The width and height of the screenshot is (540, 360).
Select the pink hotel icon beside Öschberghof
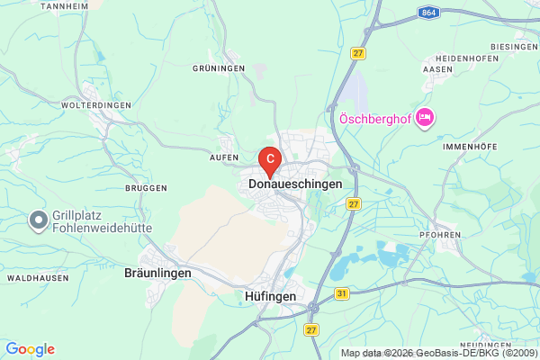pyautogui.click(x=426, y=118)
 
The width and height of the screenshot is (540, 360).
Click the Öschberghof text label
pyautogui.click(x=377, y=119)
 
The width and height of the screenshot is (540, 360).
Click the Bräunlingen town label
pyautogui.click(x=157, y=273)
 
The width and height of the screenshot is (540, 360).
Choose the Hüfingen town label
pyautogui.click(x=270, y=294)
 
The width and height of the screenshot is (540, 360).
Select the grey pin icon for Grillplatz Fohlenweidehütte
pyautogui.click(x=39, y=219)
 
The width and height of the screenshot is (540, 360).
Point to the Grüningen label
pyautogui.click(x=219, y=67)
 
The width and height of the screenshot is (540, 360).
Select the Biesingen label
pyautogui.click(x=513, y=46)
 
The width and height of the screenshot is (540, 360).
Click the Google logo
pyautogui.click(x=30, y=349)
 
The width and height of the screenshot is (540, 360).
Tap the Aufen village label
pyautogui.click(x=223, y=157)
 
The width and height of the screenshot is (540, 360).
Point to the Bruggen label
pyautogui.click(x=146, y=187)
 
